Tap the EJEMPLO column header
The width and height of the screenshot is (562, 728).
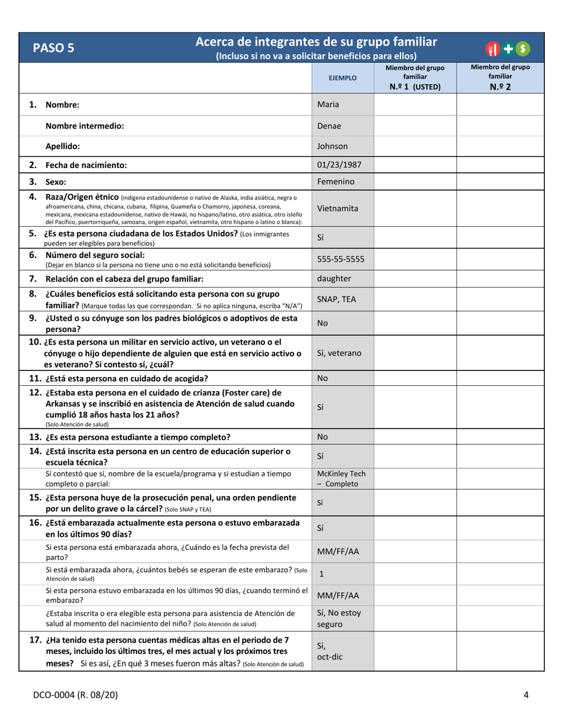(343, 78)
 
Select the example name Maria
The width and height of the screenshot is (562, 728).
(328, 105)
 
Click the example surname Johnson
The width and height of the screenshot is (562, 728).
(332, 146)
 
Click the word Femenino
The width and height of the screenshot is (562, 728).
(335, 182)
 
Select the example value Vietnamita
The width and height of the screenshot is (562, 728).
(338, 208)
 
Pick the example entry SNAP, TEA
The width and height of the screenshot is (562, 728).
(337, 299)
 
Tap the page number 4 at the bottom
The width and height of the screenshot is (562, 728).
(526, 695)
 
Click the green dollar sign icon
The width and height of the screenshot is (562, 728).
(524, 49)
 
